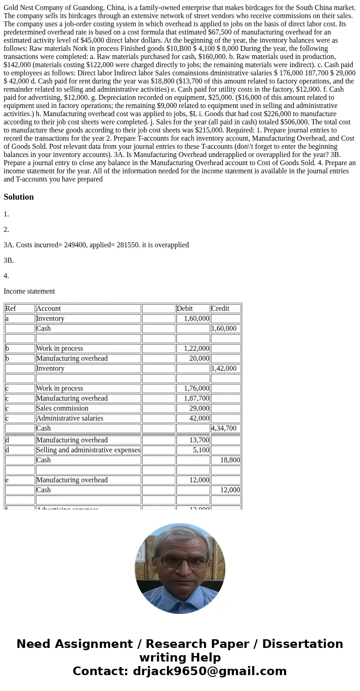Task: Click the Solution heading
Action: (19, 197)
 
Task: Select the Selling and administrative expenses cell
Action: (88, 450)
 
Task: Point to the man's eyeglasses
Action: (180, 561)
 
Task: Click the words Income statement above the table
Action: (29, 291)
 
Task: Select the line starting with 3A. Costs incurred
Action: (96, 245)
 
